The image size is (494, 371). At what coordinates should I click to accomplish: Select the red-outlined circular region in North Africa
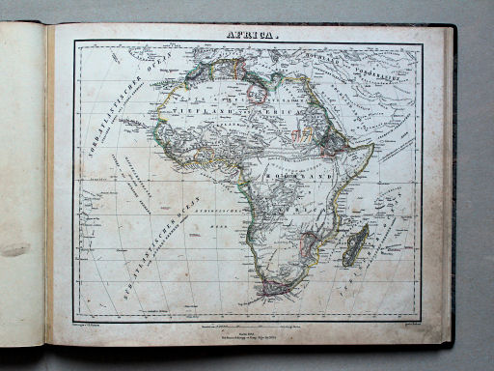coord(259,93)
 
